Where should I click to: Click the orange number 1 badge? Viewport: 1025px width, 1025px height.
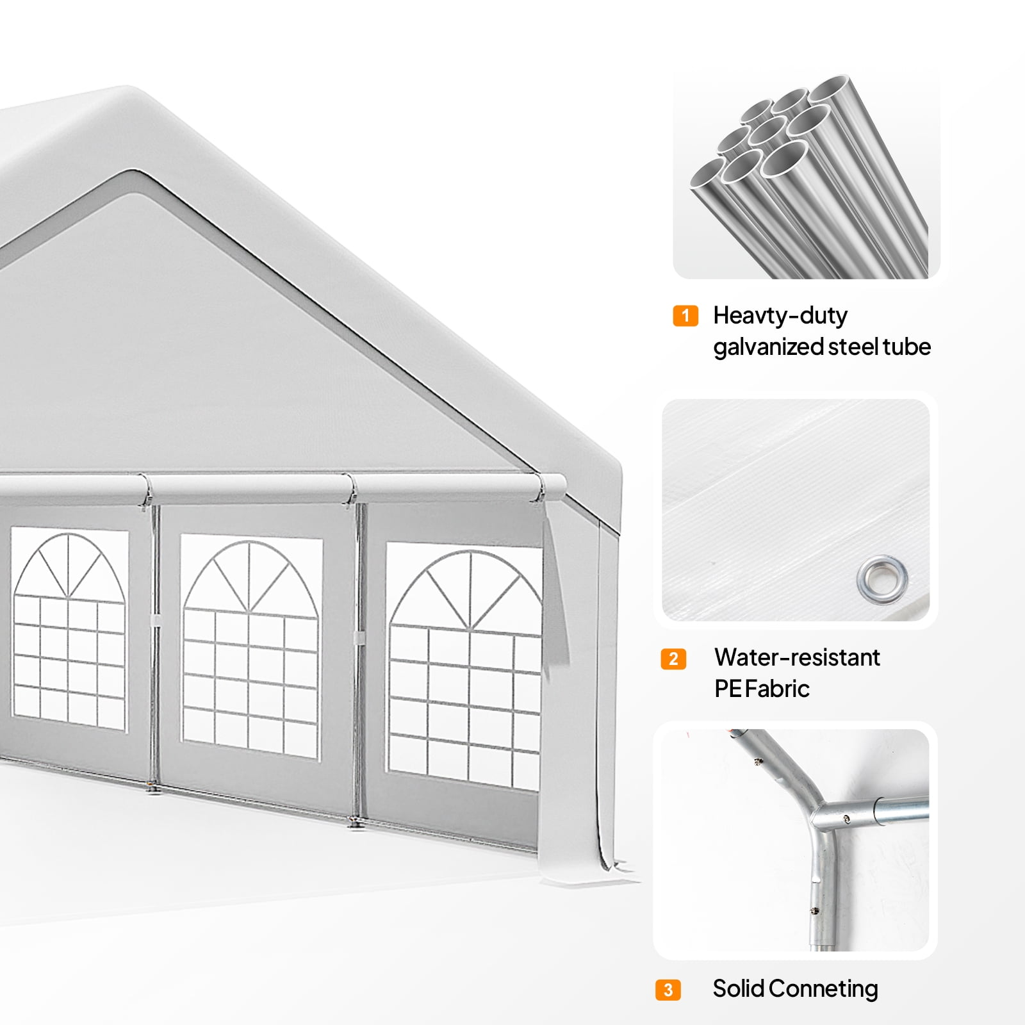685,316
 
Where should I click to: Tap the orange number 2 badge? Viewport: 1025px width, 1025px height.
673,659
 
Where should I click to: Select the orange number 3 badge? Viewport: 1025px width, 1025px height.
668,990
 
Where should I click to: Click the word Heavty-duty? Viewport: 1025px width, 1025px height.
780,316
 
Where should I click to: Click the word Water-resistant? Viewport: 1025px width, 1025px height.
797,657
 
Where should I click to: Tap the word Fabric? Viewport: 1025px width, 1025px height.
777,689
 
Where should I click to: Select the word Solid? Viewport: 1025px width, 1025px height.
739,988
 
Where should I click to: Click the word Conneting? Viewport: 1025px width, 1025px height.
823,990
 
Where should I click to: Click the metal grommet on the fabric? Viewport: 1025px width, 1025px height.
882,578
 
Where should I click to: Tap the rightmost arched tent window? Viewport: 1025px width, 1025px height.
464,666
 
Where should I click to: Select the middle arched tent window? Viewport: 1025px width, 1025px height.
250,647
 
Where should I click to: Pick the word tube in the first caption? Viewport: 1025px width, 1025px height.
906,347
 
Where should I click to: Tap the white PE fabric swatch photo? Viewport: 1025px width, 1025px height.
796,510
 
